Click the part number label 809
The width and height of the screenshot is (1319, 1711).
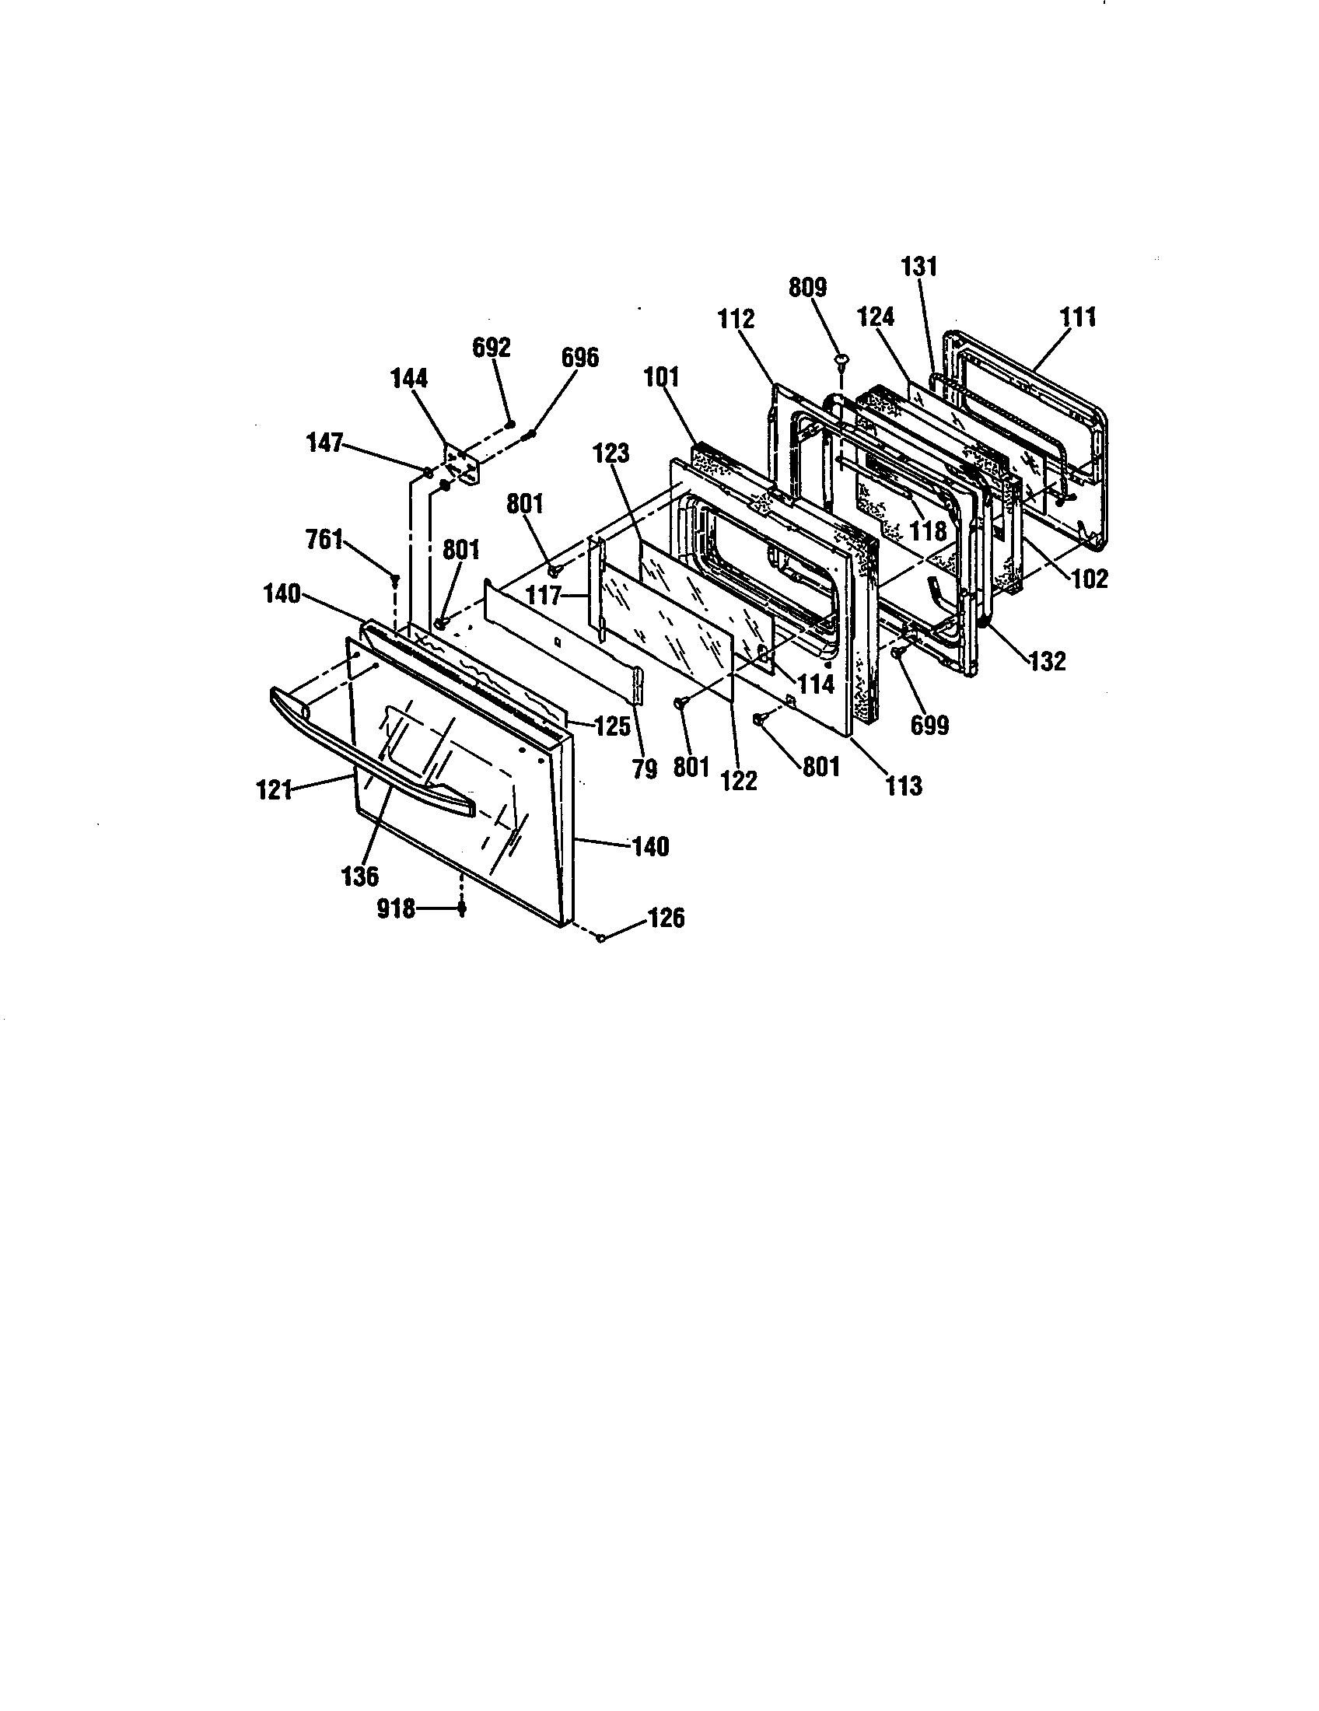coord(807,288)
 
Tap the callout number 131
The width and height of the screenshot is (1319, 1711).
coord(919,266)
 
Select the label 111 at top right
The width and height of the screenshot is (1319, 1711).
coord(1079,317)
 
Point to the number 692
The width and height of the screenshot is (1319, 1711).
coord(491,347)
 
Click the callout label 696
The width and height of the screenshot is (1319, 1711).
coord(579,357)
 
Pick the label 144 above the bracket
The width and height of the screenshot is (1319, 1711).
coord(410,379)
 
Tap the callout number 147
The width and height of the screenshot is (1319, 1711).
coord(324,443)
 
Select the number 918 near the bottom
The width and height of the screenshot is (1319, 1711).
coord(396,910)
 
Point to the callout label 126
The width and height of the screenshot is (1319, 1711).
coord(666,918)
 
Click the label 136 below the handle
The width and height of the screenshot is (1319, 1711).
coord(360,876)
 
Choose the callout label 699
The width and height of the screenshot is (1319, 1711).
coord(929,726)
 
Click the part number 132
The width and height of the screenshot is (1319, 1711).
coord(1048,661)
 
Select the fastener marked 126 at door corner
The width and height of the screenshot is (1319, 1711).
coord(601,938)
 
